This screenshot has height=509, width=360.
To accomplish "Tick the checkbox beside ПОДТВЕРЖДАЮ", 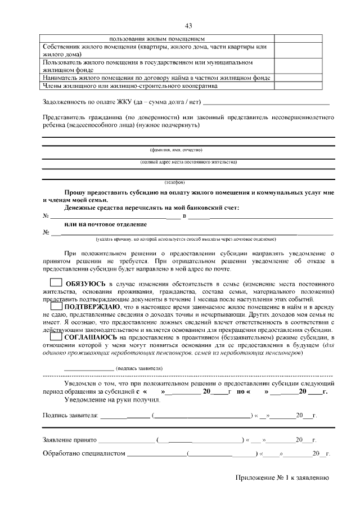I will [56, 307].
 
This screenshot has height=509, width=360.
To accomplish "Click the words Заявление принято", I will [70, 440].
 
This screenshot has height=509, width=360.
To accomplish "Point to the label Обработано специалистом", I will [84, 453].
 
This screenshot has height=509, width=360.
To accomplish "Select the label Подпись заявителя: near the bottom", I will [71, 416].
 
